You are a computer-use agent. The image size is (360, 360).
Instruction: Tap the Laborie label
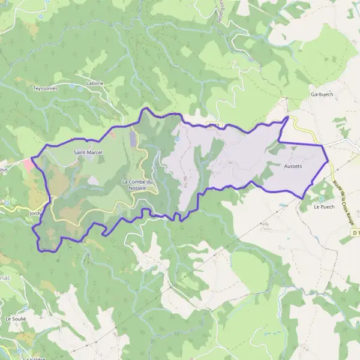[x=95, y=83]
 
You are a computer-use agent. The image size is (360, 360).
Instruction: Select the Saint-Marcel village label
[x=88, y=152]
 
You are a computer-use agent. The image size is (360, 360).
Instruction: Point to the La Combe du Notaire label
[x=138, y=184]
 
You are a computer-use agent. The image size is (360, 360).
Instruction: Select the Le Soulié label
[x=16, y=319]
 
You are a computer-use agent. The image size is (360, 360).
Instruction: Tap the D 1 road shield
[x=356, y=232]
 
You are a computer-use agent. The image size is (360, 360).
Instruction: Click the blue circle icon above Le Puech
[x=322, y=199]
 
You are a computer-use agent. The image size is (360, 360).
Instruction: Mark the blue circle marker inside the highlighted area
[x=177, y=139]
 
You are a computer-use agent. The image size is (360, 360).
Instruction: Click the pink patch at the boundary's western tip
[x=28, y=163]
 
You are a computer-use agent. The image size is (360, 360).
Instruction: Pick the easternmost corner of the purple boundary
[x=329, y=162]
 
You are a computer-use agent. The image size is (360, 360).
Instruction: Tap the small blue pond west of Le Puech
[x=283, y=205]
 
